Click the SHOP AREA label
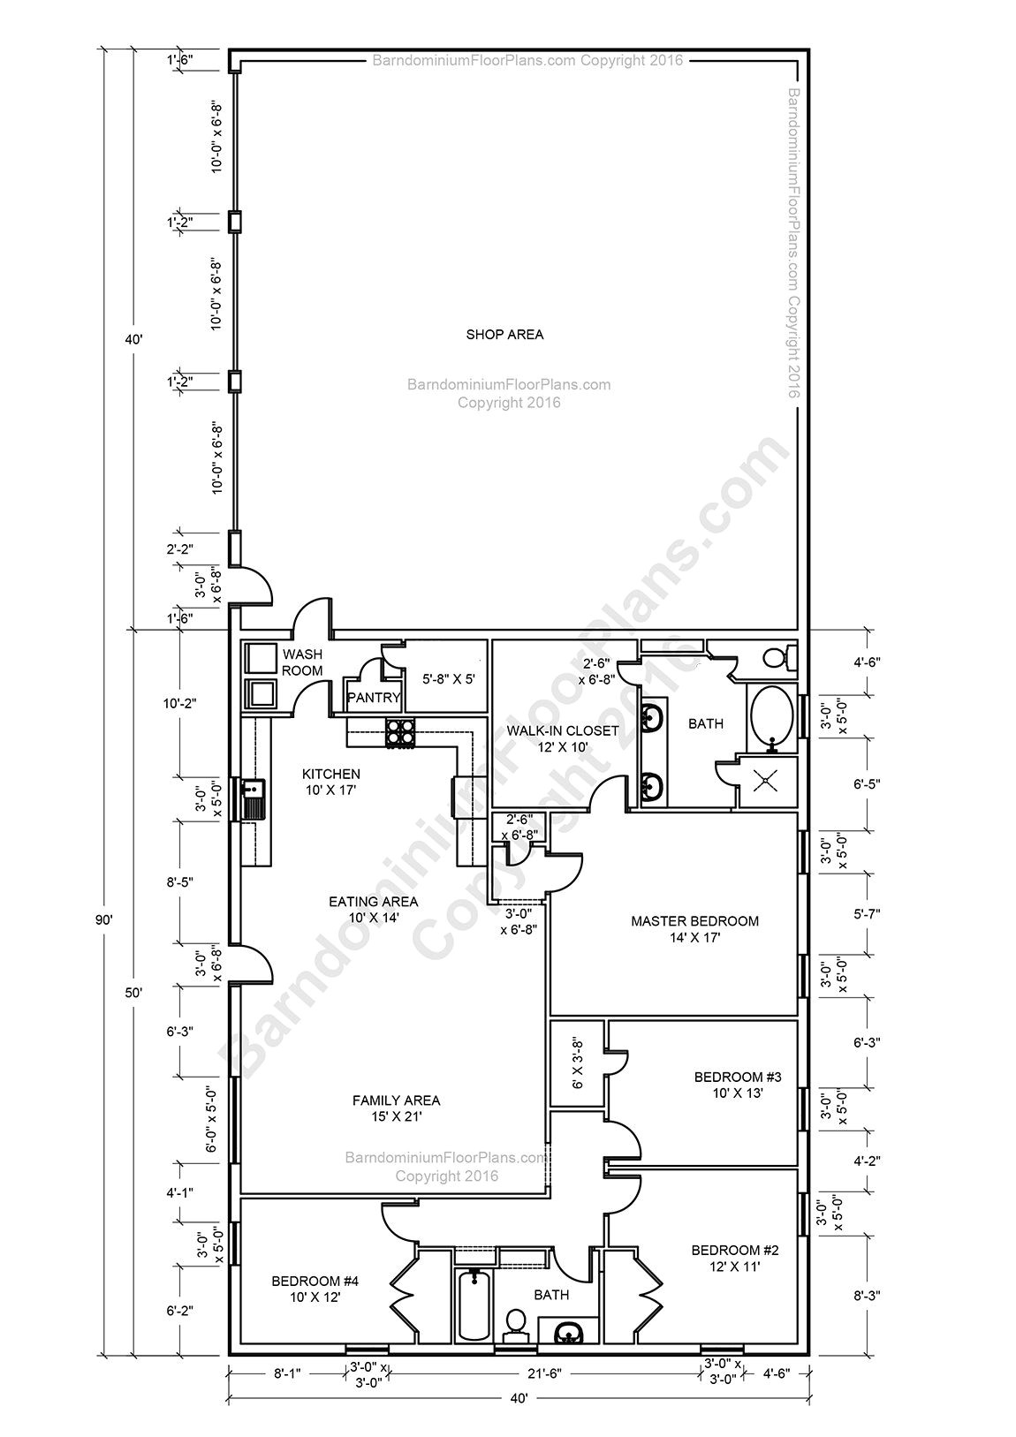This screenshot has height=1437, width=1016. (504, 335)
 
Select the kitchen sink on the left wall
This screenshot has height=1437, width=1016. (254, 798)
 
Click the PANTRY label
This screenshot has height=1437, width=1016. (375, 698)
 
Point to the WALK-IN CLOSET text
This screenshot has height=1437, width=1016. (562, 731)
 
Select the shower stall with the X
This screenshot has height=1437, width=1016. (767, 781)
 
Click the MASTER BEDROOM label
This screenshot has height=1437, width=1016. (694, 921)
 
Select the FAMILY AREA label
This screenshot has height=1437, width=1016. (396, 1100)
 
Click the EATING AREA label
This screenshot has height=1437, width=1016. (373, 902)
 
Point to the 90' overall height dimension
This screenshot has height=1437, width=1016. (104, 919)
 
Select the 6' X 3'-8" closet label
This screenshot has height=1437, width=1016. (578, 1063)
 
